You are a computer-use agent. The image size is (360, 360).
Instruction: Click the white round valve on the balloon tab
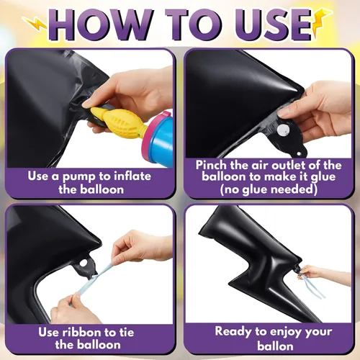[283, 130]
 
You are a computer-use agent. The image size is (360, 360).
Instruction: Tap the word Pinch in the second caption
[211, 165]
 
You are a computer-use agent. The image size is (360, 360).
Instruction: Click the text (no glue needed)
[269, 189]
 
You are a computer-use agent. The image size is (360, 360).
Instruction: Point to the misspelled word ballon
[275, 346]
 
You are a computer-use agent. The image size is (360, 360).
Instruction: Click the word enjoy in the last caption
[284, 333]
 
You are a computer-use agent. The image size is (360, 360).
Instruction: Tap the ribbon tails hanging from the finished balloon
[312, 286]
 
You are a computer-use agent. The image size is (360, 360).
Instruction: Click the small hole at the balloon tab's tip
[299, 153]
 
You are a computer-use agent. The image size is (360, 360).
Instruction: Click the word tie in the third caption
[127, 333]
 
